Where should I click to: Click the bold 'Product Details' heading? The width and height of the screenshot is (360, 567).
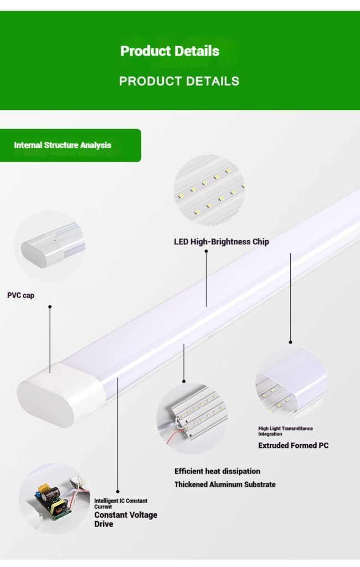(170, 51)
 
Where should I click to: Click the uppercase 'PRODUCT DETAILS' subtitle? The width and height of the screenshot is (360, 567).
(179, 81)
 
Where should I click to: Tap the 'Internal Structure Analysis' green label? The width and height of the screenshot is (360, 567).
(63, 145)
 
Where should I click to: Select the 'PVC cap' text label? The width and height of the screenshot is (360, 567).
(20, 296)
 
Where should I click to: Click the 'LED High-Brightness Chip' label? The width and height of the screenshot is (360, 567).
(222, 242)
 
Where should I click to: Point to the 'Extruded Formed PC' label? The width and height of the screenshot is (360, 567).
(293, 445)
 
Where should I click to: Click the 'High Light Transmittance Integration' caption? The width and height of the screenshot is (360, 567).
(285, 431)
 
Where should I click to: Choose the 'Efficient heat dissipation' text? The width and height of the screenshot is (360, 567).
(217, 471)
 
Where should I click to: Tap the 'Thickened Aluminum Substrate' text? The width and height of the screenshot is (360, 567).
(225, 484)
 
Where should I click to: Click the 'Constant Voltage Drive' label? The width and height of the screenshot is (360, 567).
(125, 519)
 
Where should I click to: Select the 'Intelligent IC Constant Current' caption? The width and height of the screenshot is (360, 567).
(121, 503)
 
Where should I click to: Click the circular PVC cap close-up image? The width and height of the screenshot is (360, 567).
(49, 246)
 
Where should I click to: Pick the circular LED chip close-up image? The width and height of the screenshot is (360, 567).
(209, 190)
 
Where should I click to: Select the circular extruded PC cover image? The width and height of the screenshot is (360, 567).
(291, 383)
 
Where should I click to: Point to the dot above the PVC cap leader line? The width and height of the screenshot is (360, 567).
(49, 306)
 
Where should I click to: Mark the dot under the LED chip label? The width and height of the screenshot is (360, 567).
(206, 251)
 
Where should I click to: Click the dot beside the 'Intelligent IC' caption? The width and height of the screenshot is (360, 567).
(117, 491)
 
